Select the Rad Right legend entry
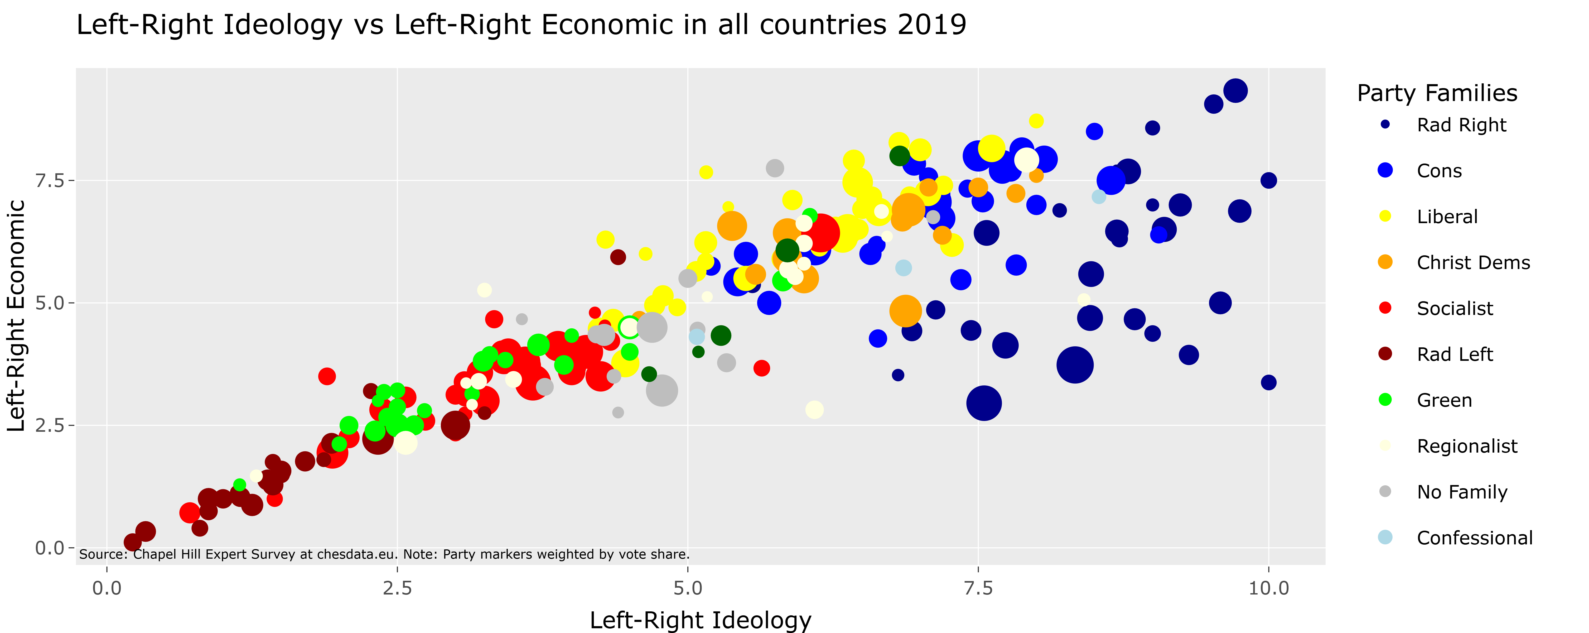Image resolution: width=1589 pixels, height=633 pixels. click(x=1461, y=125)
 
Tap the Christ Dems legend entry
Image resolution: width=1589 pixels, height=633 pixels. click(x=1473, y=263)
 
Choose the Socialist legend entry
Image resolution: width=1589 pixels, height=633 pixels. click(x=1455, y=309)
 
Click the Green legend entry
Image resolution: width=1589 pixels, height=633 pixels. click(x=1444, y=400)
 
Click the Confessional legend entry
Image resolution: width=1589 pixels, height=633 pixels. click(x=1474, y=538)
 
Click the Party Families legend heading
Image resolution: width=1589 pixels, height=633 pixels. click(x=1437, y=93)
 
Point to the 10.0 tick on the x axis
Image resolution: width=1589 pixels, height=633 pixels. click(x=1268, y=588)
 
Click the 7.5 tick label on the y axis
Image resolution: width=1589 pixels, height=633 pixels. click(x=50, y=181)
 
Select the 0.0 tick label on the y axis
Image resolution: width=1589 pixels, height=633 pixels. click(x=50, y=548)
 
